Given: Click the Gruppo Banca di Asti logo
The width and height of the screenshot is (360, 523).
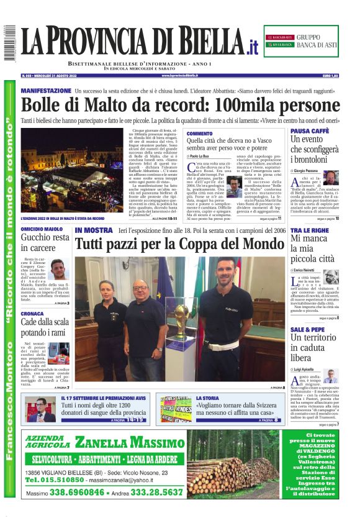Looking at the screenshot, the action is click(301, 42).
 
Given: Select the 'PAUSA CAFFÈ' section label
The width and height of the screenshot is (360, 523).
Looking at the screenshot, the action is click(310, 131).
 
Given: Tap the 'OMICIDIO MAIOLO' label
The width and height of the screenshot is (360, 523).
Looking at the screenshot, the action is click(42, 229).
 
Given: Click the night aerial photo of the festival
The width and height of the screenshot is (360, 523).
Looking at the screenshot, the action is click(72, 171).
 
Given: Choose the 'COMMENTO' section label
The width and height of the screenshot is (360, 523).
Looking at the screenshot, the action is click(199, 134).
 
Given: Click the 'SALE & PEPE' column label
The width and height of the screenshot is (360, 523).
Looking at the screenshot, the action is click(307, 329).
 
